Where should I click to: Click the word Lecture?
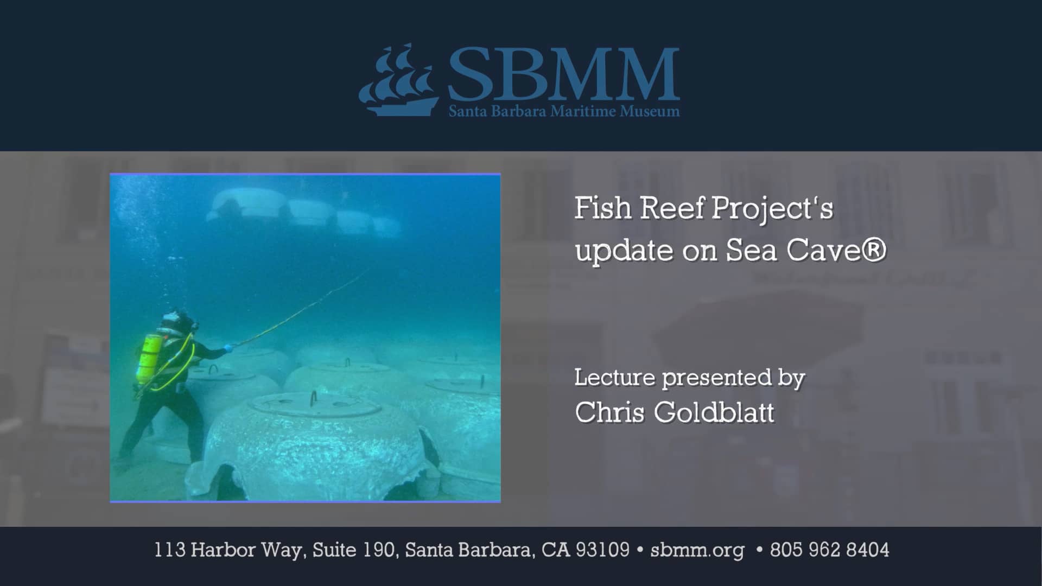pos(615,378)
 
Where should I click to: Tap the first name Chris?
pos(609,412)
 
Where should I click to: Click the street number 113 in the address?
pos(170,550)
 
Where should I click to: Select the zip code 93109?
pos(602,550)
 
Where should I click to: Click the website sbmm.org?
pos(697,550)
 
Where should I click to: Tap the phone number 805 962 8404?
pos(829,550)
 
